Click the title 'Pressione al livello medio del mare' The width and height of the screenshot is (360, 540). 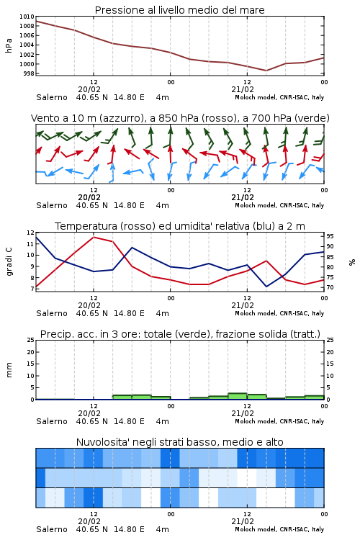(180, 10)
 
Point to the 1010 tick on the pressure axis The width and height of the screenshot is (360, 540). (27, 17)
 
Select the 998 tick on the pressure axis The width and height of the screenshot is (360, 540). (29, 73)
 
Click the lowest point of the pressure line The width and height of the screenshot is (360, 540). (266, 71)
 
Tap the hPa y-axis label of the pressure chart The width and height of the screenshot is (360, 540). (9, 45)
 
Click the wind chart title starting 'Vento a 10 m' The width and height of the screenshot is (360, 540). (180, 118)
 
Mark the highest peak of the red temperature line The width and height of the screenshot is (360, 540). (94, 237)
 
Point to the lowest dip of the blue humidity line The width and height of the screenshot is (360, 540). (266, 287)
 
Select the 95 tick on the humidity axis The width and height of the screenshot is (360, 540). (330, 236)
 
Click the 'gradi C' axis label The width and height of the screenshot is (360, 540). (9, 261)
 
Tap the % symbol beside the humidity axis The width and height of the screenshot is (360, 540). (352, 262)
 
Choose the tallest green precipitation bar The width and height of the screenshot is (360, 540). (238, 396)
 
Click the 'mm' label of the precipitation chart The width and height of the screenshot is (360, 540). (9, 370)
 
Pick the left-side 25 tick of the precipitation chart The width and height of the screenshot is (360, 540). (31, 340)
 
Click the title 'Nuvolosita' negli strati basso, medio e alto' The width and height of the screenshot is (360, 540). (180, 442)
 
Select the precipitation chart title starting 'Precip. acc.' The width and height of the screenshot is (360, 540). (180, 334)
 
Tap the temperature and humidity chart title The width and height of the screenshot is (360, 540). (180, 226)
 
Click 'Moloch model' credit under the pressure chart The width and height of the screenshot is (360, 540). (256, 97)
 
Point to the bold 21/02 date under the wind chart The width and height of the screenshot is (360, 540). (243, 198)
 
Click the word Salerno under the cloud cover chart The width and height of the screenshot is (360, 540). (52, 529)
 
